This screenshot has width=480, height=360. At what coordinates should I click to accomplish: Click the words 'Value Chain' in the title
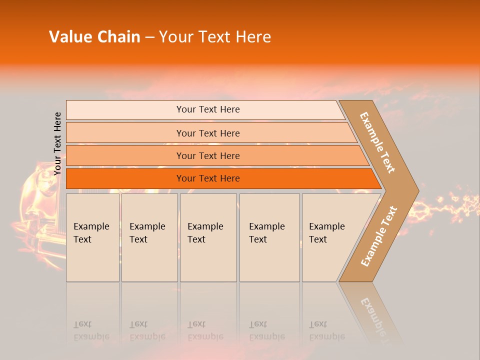click(x=94, y=37)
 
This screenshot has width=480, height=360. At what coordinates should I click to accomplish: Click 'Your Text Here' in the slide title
click(x=215, y=37)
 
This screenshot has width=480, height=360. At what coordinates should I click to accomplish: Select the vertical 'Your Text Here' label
click(x=57, y=143)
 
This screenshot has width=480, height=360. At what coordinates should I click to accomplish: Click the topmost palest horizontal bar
click(x=207, y=109)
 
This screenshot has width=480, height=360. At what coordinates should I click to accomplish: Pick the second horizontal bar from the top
click(x=207, y=133)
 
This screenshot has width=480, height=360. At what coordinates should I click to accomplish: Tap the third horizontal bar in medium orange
click(x=207, y=155)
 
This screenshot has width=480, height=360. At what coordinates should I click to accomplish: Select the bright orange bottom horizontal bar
click(x=207, y=178)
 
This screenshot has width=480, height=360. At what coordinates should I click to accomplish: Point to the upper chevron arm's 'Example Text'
click(x=378, y=142)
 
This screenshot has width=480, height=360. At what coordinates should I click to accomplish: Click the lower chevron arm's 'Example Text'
click(x=379, y=236)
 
